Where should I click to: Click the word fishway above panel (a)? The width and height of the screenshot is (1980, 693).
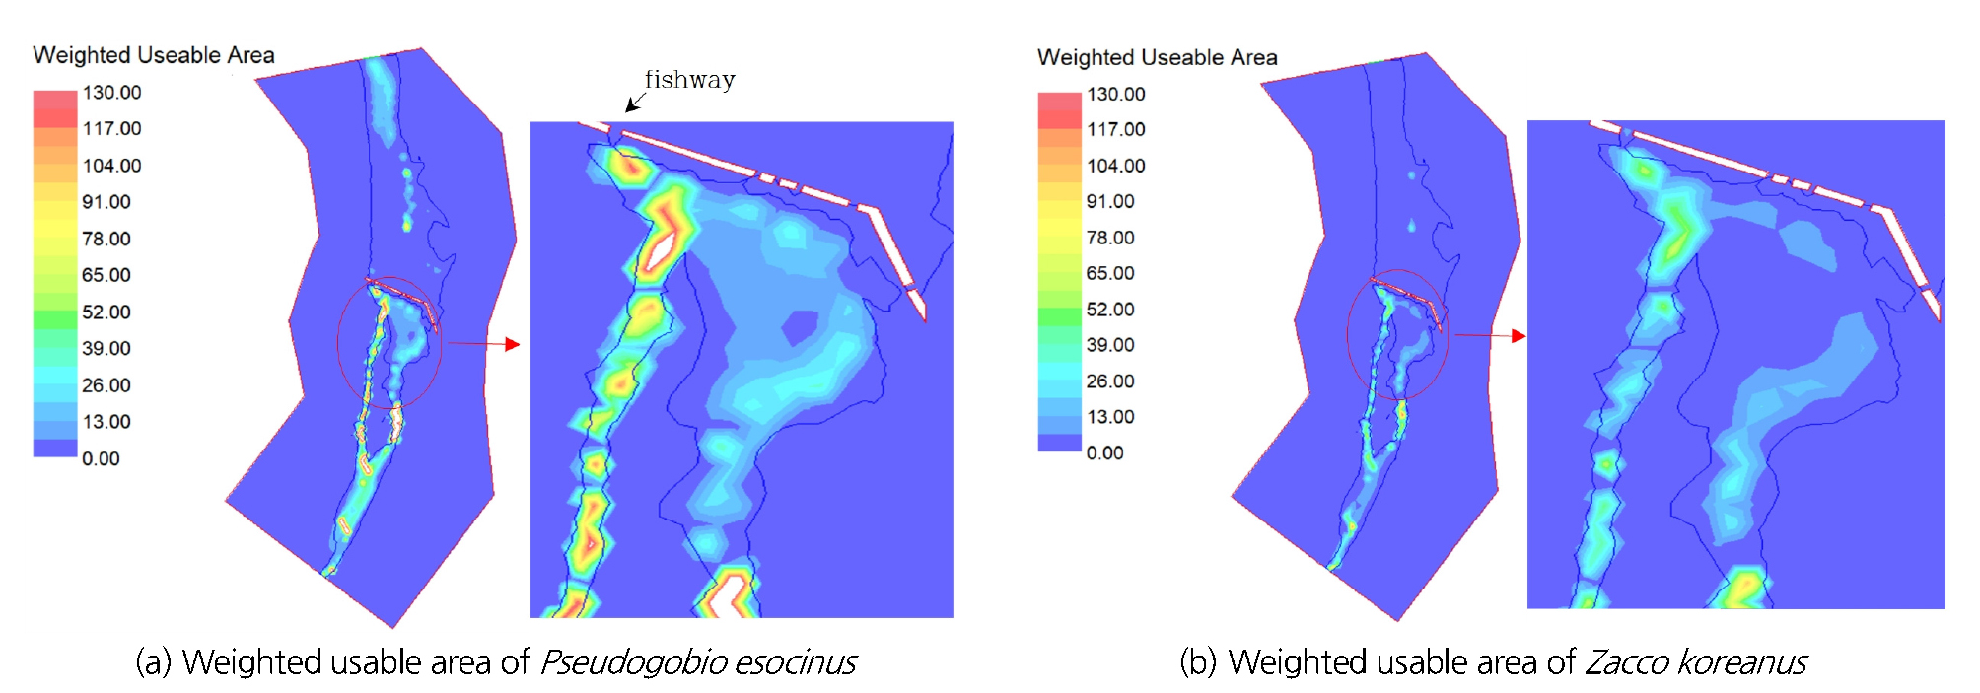[x=689, y=80]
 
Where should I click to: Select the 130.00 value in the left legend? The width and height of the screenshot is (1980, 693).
[x=111, y=93]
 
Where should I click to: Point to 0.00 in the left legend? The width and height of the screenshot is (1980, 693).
[x=101, y=458]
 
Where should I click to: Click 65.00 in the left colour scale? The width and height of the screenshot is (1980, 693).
[x=106, y=275]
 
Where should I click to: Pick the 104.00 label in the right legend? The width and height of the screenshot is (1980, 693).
[x=1115, y=166]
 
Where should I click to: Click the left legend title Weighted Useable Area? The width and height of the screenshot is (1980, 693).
[x=154, y=55]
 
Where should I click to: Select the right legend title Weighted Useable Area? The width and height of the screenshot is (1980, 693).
[x=1157, y=58]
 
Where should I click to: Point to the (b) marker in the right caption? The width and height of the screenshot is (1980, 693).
[x=1198, y=662]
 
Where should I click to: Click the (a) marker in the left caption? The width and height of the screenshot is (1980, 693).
[x=153, y=662]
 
